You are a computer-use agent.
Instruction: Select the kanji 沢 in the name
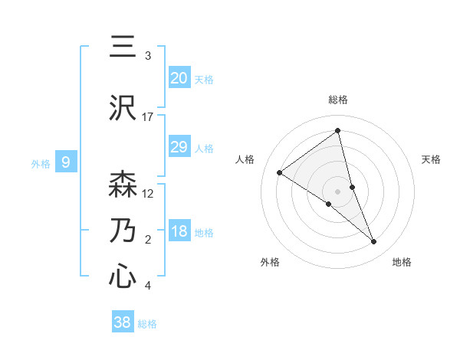[x=123, y=108]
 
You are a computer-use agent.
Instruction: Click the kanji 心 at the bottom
[x=123, y=277]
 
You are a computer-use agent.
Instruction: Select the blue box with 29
[x=179, y=147]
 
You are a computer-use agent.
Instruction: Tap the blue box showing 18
[x=179, y=232]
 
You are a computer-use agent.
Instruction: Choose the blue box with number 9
[x=66, y=162]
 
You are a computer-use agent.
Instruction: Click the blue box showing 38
[x=123, y=322]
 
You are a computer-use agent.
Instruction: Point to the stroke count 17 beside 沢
[x=148, y=117]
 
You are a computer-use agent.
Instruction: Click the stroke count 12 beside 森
[x=148, y=194]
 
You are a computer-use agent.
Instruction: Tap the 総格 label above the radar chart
[x=338, y=100]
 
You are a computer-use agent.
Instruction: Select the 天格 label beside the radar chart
[x=432, y=159]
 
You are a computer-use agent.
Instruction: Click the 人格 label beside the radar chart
[x=245, y=159]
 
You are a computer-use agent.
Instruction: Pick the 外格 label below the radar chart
[x=270, y=263]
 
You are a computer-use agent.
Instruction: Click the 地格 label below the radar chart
[x=402, y=263]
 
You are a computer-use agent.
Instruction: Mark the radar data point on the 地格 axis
[x=374, y=242]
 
